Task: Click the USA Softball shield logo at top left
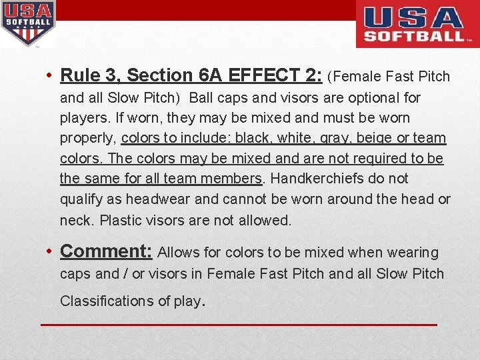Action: [x=28, y=23]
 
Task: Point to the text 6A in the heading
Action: [x=209, y=75]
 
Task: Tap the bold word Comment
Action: [x=105, y=251]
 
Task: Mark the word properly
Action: [x=88, y=139]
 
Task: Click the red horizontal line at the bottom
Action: [x=239, y=325]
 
